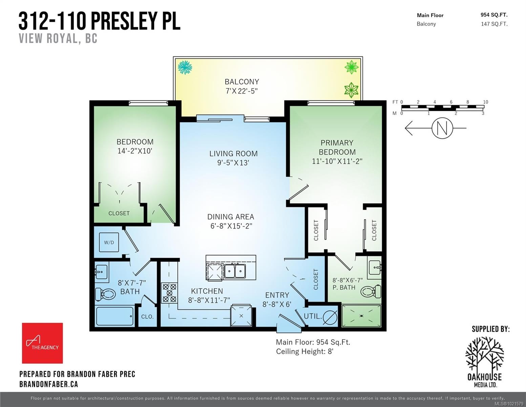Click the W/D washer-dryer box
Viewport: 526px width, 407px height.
pyautogui.click(x=109, y=243)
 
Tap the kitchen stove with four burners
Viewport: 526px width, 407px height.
pyautogui.click(x=169, y=292)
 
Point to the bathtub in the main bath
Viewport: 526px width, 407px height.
pyautogui.click(x=114, y=316)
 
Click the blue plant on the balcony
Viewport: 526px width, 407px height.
pyautogui.click(x=185, y=67)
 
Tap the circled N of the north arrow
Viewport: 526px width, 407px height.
pyautogui.click(x=442, y=128)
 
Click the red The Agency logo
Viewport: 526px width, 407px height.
pyautogui.click(x=42, y=343)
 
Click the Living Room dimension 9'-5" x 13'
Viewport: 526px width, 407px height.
pyautogui.click(x=233, y=163)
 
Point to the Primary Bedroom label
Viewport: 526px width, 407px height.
pyautogui.click(x=337, y=147)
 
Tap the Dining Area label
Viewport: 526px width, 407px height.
pyautogui.click(x=231, y=217)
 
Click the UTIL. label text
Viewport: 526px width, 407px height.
pyautogui.click(x=312, y=316)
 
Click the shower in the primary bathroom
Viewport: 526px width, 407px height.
pyautogui.click(x=361, y=316)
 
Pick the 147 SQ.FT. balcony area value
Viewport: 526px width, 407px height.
pyautogui.click(x=494, y=24)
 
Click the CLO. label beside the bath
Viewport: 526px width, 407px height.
pyautogui.click(x=147, y=317)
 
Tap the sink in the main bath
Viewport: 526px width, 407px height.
pyautogui.click(x=101, y=272)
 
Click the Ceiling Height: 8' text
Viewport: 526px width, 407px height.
pyautogui.click(x=304, y=351)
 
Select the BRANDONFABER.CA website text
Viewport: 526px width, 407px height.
pyautogui.click(x=48, y=384)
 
